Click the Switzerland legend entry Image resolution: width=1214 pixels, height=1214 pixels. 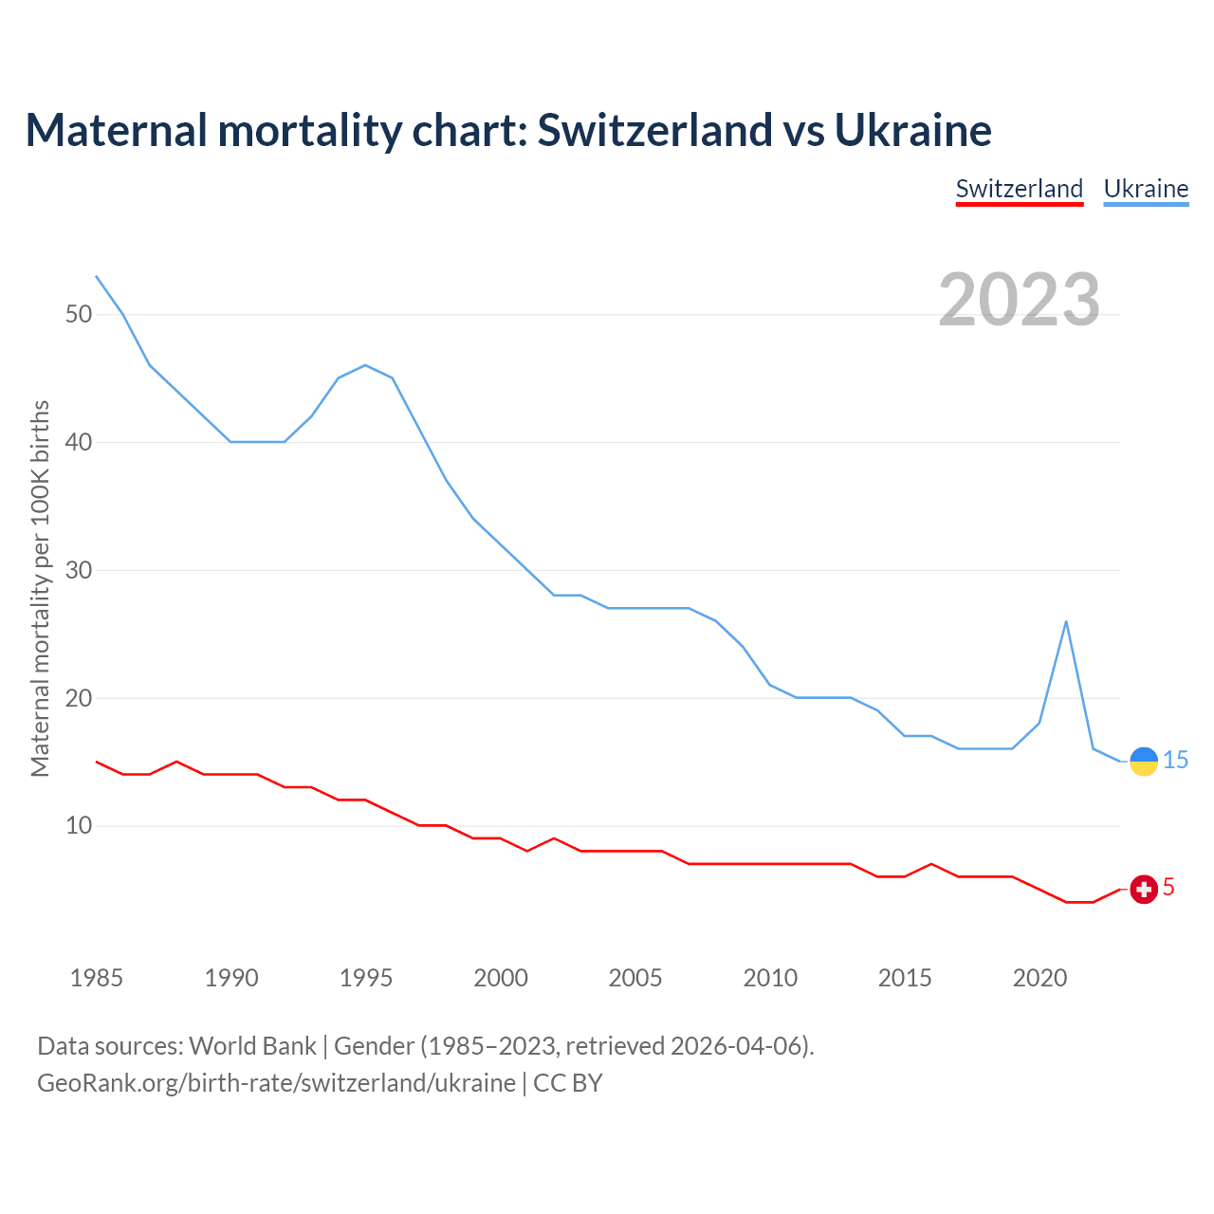click(x=1019, y=189)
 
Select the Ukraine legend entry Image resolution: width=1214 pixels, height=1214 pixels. click(x=1146, y=189)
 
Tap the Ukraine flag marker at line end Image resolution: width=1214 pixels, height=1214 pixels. click(x=1144, y=761)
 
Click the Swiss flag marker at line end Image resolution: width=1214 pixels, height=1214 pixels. click(x=1144, y=889)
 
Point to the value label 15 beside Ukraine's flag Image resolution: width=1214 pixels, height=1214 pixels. click(x=1176, y=760)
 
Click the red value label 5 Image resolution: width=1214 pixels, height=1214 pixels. click(x=1168, y=887)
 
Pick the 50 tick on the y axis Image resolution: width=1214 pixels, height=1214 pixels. click(x=79, y=314)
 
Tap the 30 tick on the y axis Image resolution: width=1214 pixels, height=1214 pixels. click(x=79, y=570)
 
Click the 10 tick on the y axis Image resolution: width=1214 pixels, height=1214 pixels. click(x=79, y=825)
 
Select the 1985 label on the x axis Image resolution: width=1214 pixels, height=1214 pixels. click(x=97, y=978)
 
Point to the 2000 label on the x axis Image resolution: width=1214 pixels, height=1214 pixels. click(x=501, y=978)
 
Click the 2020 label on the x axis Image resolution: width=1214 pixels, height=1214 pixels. click(x=1039, y=978)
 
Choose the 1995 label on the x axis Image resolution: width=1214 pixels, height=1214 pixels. click(x=366, y=978)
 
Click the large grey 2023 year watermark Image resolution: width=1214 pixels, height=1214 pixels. click(x=1020, y=300)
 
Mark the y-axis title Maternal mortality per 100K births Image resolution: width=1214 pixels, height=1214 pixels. click(x=40, y=588)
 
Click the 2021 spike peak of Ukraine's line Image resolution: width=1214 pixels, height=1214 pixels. click(x=1066, y=622)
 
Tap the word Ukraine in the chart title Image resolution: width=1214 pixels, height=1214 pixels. click(x=912, y=130)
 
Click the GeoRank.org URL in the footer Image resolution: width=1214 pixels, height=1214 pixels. click(x=276, y=1082)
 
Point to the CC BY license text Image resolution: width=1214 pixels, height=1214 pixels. click(x=567, y=1082)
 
